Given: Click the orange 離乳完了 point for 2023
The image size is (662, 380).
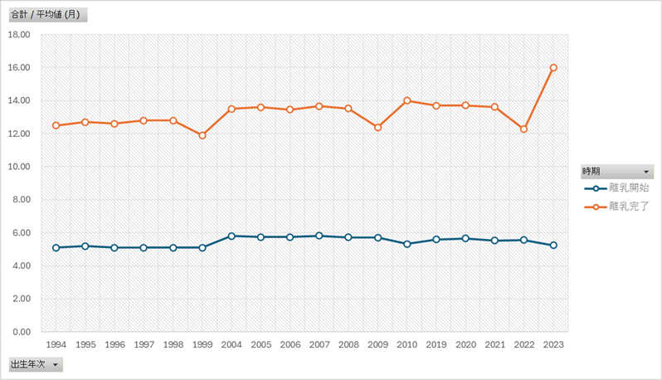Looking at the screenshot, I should tap(553, 68).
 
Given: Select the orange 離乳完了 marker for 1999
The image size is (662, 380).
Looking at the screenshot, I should tap(202, 135).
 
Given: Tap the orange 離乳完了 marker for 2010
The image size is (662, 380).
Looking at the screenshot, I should tap(407, 100).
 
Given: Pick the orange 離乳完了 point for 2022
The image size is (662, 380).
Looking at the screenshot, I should tap(524, 129).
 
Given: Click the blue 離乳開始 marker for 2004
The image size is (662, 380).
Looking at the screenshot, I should tap(231, 236).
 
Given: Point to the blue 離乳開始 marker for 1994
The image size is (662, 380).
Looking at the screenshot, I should tap(56, 247).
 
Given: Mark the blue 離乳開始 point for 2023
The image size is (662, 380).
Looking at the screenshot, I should tap(553, 246).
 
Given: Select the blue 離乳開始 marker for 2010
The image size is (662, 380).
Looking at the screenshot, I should tap(407, 244).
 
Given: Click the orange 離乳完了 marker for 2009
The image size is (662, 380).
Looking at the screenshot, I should tap(377, 127).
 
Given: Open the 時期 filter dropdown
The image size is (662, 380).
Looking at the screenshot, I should tap(646, 172).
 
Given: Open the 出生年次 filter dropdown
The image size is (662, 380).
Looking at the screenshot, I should tap(56, 364).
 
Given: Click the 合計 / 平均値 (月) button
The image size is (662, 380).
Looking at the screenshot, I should tap(46, 15).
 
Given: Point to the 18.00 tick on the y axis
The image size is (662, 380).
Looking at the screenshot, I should tap(18, 35).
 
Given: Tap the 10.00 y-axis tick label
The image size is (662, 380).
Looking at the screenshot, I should tap(18, 167).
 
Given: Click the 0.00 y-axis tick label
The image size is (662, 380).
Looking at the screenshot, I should tap(20, 332).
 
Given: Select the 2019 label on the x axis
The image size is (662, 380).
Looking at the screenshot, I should tap(436, 344).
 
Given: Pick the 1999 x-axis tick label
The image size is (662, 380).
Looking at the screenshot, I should tap(202, 344).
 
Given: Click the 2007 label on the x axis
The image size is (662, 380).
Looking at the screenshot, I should tap(319, 344).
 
